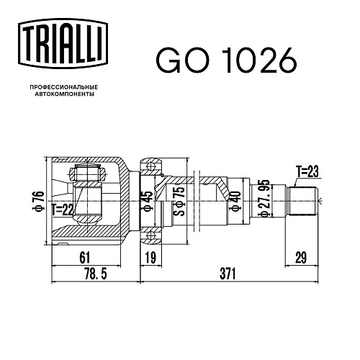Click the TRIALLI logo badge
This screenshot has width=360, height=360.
(x=63, y=44)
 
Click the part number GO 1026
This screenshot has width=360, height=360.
(x=227, y=60)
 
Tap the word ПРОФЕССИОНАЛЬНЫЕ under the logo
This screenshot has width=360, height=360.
(x=64, y=87)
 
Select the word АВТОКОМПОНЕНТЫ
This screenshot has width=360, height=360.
(x=65, y=94)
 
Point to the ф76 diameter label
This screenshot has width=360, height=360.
(x=38, y=200)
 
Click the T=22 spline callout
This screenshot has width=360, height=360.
(x=63, y=210)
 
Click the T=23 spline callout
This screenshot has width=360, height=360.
(x=307, y=171)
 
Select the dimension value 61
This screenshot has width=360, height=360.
(x=85, y=258)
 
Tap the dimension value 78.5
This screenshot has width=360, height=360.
(x=96, y=274)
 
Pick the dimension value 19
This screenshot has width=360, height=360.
(x=150, y=258)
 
